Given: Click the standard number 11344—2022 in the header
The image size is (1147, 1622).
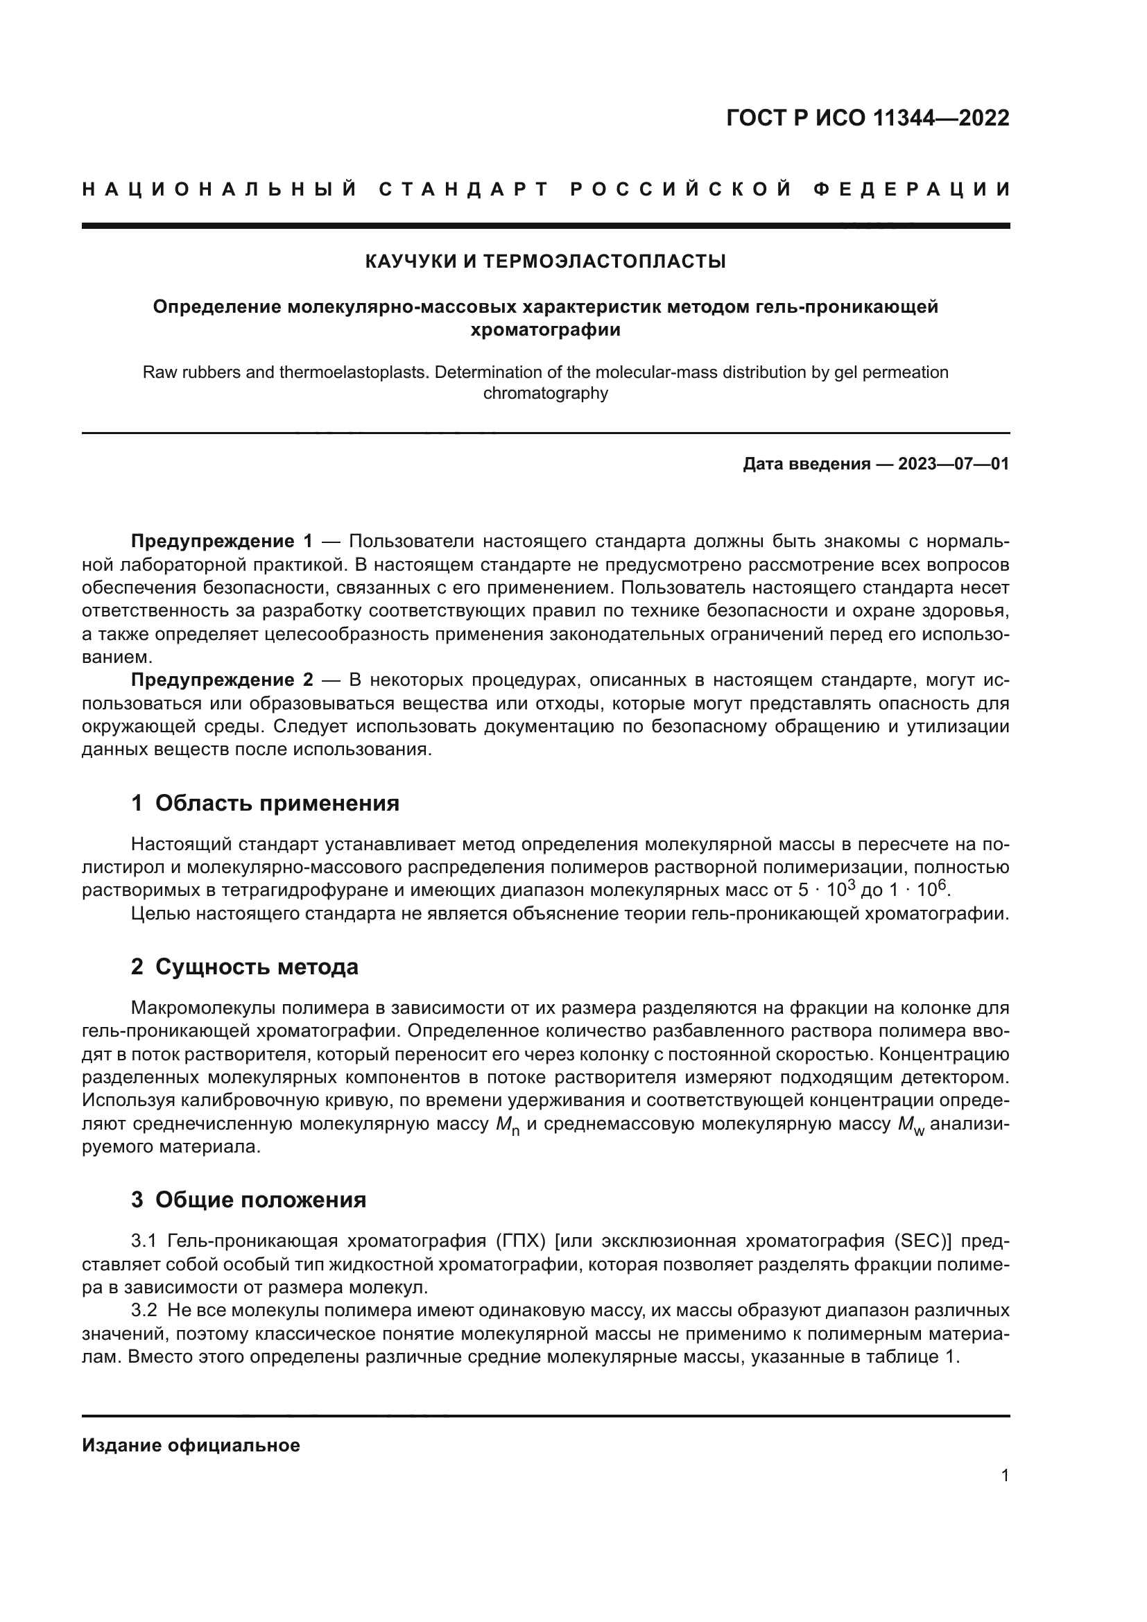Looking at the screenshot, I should [941, 118].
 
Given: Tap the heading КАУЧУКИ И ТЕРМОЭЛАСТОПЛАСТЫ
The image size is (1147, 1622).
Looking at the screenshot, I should [545, 261].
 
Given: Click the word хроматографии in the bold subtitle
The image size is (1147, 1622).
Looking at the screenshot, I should [545, 330].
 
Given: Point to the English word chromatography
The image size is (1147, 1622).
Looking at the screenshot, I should [545, 393].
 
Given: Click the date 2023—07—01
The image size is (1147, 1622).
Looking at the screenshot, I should [954, 464].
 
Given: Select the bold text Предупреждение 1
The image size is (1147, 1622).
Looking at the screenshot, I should [221, 542].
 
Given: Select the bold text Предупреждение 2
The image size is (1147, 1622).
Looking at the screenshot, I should [221, 680].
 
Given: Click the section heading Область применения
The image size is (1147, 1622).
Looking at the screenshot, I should [277, 803].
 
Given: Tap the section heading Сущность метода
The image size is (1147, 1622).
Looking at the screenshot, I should [257, 967].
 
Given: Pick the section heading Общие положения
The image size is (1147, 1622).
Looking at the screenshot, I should [260, 1200].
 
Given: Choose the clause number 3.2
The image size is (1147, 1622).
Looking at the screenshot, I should [144, 1311].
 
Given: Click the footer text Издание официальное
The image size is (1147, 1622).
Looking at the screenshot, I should [191, 1445].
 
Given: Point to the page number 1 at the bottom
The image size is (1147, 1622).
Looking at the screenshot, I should [1004, 1476].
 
